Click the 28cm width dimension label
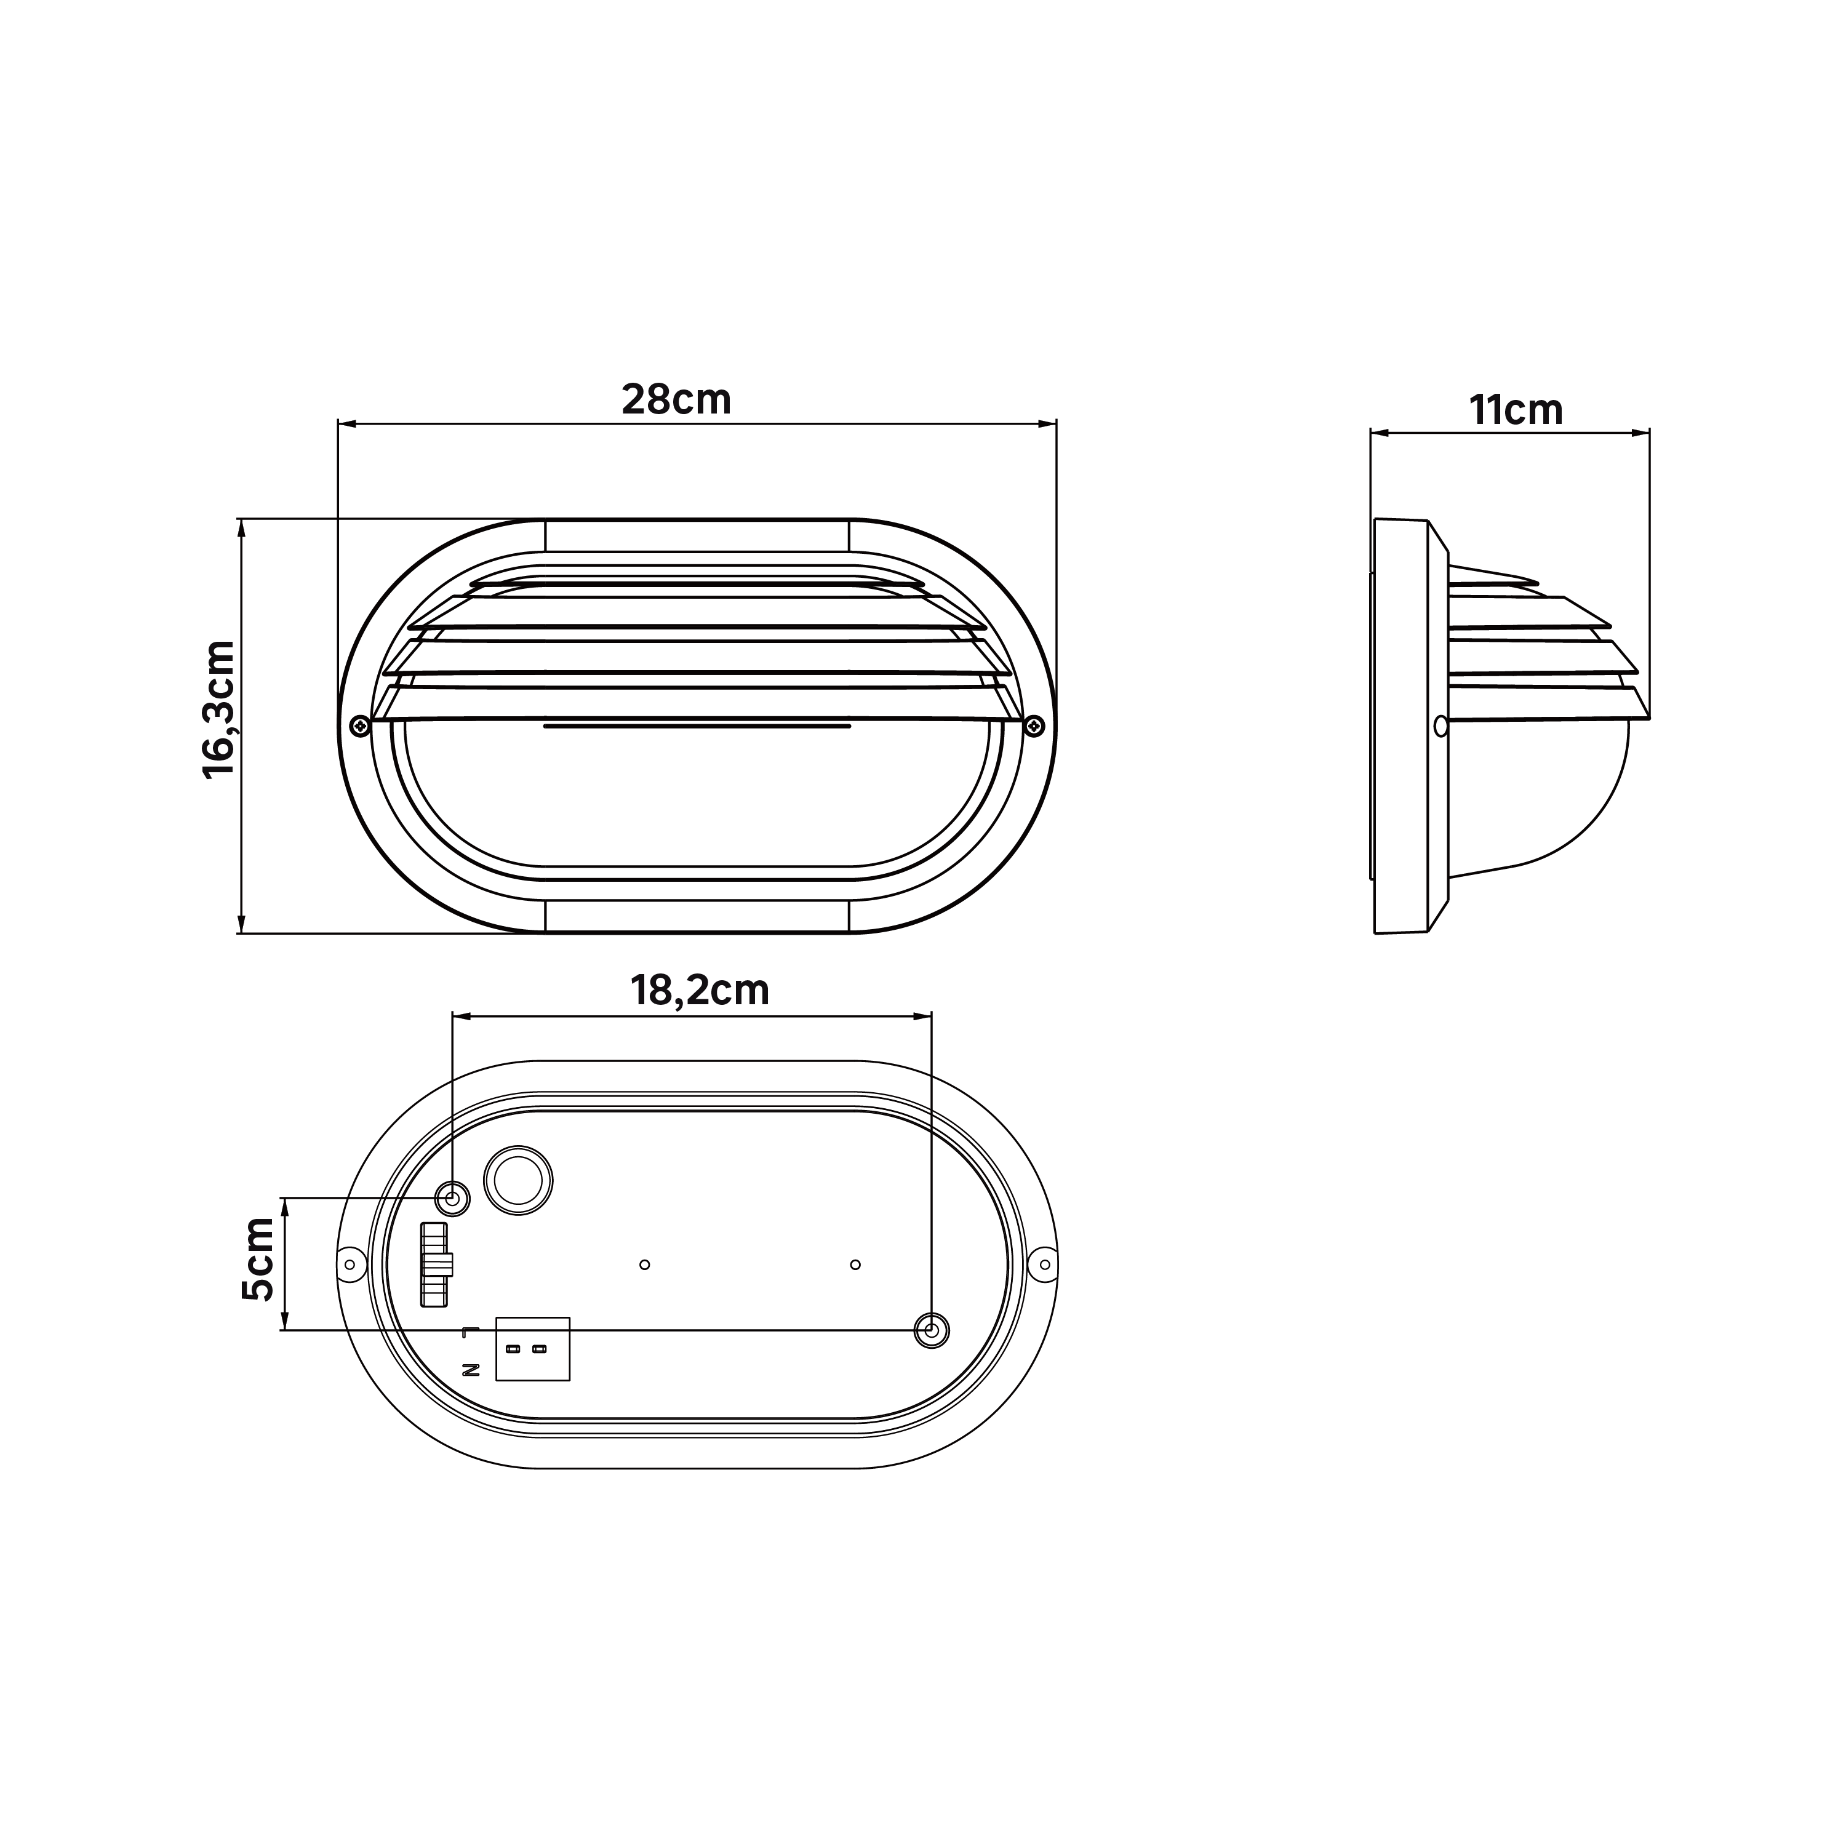pos(676,399)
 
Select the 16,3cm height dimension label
pos(220,710)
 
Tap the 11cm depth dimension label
pos(1516,410)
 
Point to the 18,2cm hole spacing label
pos(700,991)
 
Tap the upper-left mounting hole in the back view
pos(453,1197)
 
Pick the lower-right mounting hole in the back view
pos(932,1330)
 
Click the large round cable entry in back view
pos(519,1181)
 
